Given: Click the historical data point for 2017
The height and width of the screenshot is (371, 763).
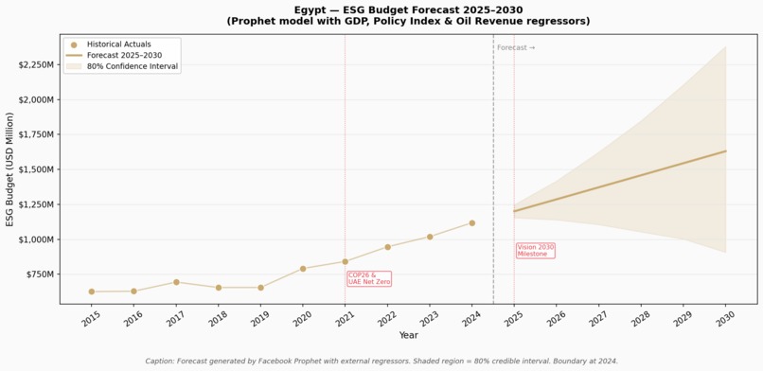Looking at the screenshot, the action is tap(176, 282).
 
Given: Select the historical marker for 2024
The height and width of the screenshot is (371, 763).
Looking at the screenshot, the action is tap(472, 223).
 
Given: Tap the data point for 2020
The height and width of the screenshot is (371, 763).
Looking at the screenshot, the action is tap(303, 269).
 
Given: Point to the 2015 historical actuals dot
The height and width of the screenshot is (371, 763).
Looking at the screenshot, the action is tap(92, 291).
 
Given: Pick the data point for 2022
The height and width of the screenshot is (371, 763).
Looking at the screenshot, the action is tap(388, 247).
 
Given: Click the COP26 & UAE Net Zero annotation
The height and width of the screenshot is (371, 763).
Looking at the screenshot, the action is tap(369, 278).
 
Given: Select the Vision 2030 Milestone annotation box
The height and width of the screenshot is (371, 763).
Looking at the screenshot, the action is tap(536, 251).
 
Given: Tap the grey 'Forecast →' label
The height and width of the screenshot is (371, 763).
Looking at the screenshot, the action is tap(516, 47).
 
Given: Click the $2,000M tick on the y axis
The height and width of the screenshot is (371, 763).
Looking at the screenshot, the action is tap(37, 99).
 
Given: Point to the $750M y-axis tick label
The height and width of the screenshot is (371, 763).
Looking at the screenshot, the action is tap(41, 274).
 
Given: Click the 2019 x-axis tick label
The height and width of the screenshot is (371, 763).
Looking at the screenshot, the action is tap(257, 319).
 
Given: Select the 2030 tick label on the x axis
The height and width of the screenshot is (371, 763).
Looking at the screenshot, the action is tap(723, 319).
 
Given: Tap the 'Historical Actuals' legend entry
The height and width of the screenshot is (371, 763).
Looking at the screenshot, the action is tap(111, 44).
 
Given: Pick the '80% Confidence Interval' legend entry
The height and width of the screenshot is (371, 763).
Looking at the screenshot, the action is tap(122, 66).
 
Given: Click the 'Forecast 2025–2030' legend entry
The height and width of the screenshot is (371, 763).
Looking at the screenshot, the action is tap(114, 56).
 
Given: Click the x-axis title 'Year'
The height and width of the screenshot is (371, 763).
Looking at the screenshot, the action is tap(409, 335).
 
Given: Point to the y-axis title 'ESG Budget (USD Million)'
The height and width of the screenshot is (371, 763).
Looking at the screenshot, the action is tap(9, 169).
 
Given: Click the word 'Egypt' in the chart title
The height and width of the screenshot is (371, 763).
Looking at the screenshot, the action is tap(309, 10).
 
